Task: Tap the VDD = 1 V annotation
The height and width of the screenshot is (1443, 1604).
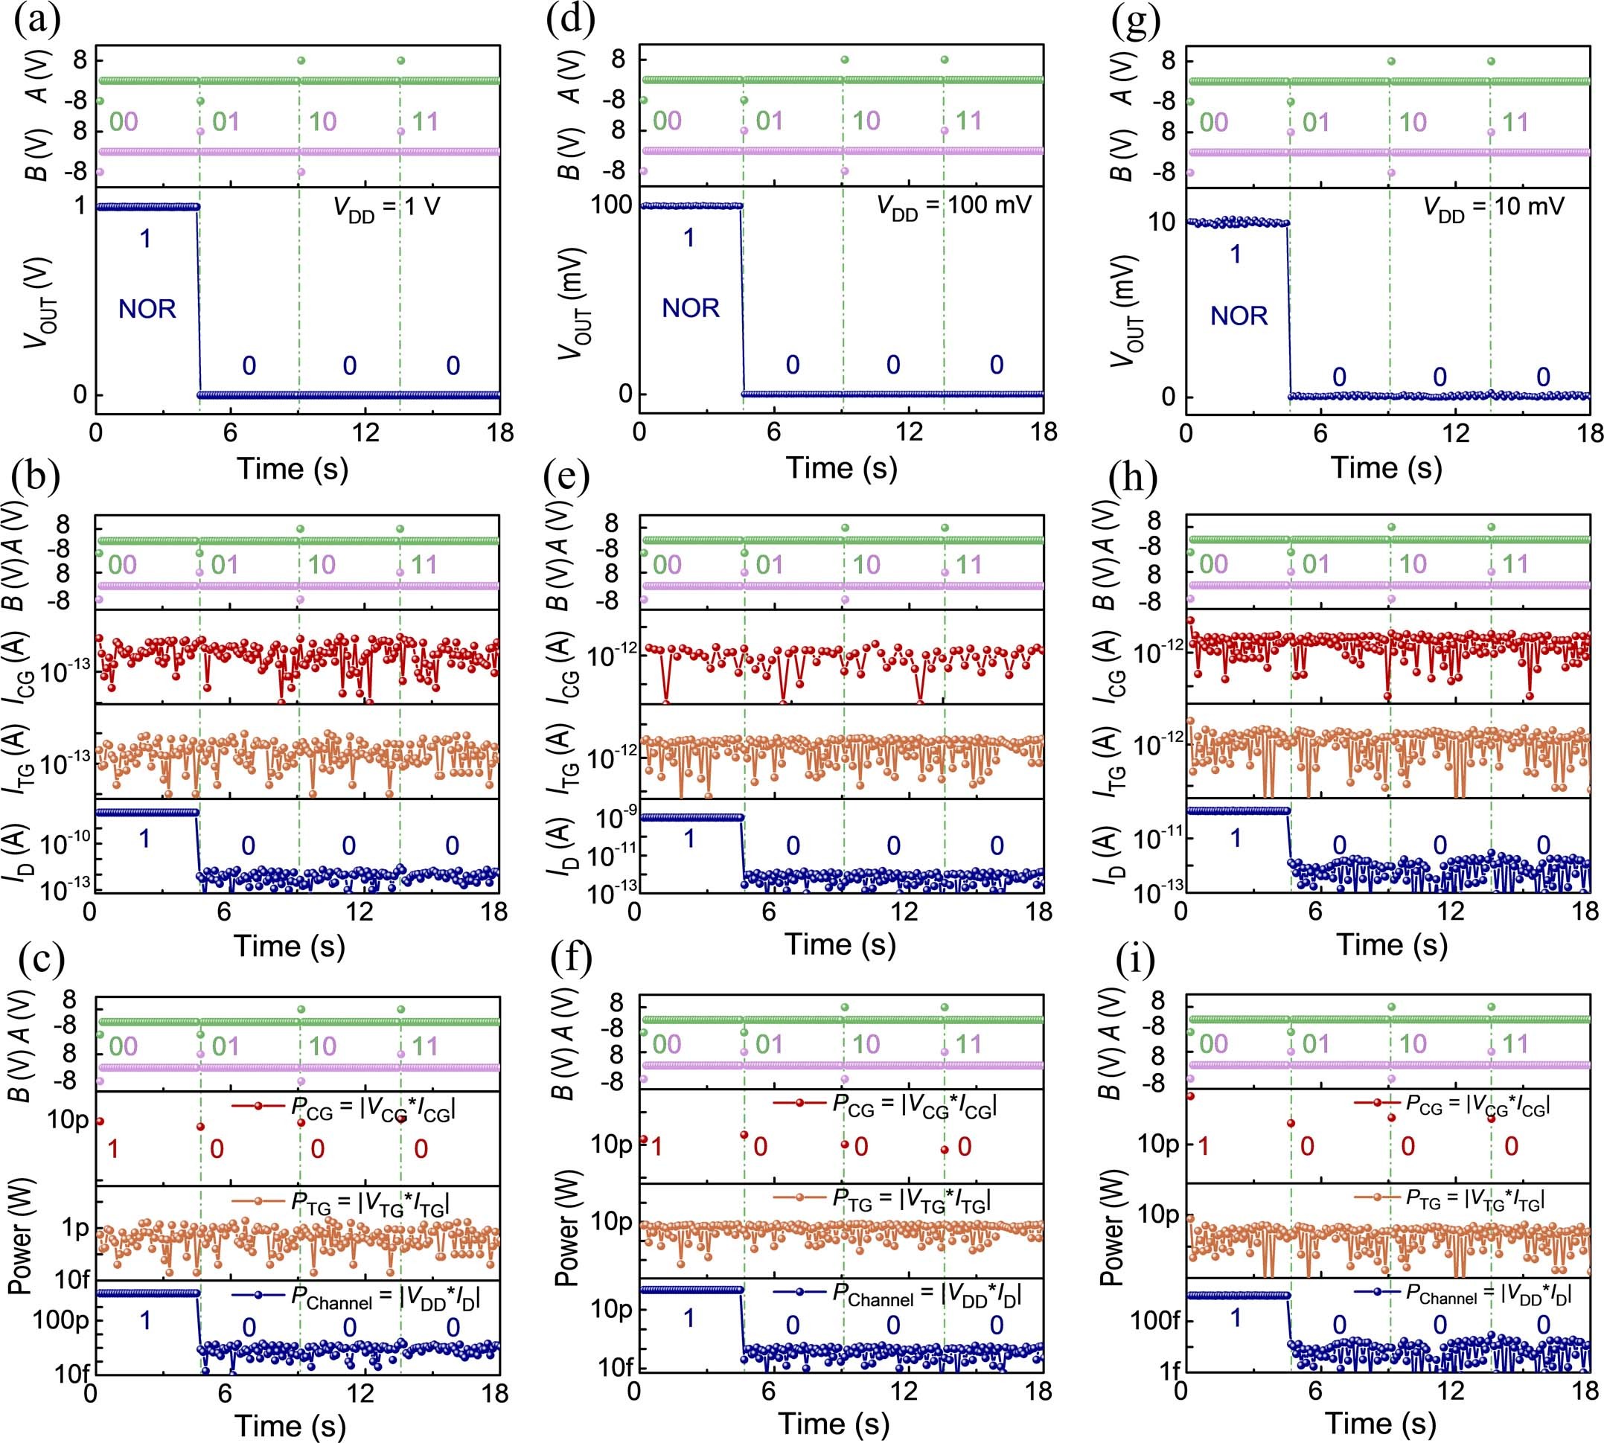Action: coord(386,208)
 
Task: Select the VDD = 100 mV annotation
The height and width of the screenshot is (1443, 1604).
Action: coord(953,207)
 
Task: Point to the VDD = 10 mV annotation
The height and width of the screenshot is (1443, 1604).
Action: coord(1494,208)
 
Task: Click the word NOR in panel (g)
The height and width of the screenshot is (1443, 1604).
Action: coord(1239,316)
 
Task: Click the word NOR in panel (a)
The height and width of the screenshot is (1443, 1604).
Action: coord(147,310)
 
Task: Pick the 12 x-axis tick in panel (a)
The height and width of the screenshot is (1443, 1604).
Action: coord(365,433)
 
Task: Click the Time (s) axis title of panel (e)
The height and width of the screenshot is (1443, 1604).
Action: coord(840,944)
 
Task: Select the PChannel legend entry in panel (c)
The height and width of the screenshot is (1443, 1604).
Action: coord(357,1298)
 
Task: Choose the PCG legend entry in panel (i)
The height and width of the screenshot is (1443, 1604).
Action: coord(1453,1104)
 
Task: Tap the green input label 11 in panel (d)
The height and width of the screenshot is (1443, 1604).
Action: coord(969,121)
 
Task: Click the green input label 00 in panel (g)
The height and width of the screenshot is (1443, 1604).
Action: coord(1213,123)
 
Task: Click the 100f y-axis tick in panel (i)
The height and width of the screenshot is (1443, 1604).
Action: coord(1156,1320)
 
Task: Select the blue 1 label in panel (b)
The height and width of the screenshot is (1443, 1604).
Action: coord(144,838)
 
